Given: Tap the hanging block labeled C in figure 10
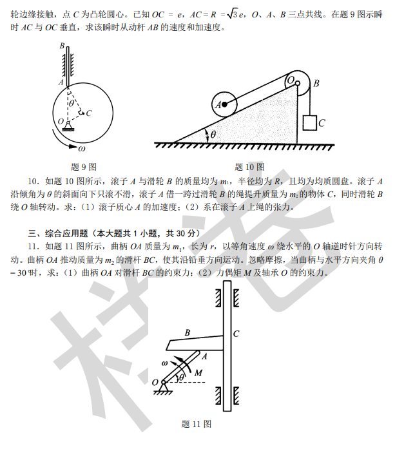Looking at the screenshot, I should pyautogui.click(x=311, y=122).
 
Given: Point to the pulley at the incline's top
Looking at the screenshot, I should pyautogui.click(x=294, y=82).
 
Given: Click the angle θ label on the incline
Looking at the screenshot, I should pyautogui.click(x=213, y=135).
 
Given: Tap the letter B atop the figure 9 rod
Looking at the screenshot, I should pyautogui.click(x=61, y=46).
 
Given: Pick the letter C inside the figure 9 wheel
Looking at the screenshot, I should pyautogui.click(x=88, y=114).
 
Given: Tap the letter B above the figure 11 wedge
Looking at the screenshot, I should pyautogui.click(x=188, y=332).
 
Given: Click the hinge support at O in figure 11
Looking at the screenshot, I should pyautogui.click(x=164, y=385).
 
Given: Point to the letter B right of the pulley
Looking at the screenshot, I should pyautogui.click(x=316, y=82).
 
